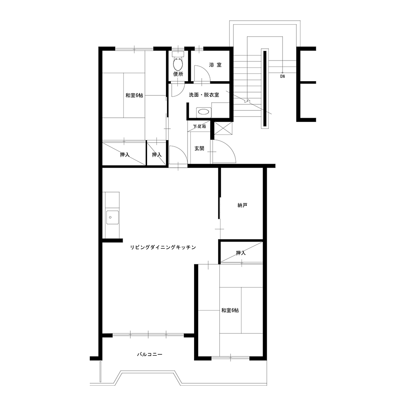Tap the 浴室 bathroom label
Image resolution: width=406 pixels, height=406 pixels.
[216, 65]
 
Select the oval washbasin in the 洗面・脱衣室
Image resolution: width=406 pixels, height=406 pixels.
[203, 112]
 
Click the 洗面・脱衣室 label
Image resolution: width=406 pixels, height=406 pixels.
[204, 95]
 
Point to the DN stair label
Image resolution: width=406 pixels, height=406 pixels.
[283, 77]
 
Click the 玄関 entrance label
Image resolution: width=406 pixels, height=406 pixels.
[199, 148]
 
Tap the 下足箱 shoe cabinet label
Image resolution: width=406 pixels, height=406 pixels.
[200, 127]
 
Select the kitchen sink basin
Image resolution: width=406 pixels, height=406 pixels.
[112, 218]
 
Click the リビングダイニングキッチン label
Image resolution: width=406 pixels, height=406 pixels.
[163, 247]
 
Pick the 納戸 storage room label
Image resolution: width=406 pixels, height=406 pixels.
[242, 205]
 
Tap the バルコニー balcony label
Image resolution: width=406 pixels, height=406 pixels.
[150, 354]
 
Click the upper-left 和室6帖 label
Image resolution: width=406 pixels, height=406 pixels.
[134, 95]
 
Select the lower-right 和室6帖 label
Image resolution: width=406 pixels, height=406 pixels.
[230, 310]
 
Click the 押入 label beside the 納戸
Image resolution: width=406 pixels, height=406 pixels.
[241, 253]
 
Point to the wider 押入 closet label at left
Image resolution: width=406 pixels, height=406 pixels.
[125, 155]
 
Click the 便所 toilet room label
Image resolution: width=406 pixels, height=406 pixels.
[178, 74]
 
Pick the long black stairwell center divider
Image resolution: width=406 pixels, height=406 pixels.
[265, 88]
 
